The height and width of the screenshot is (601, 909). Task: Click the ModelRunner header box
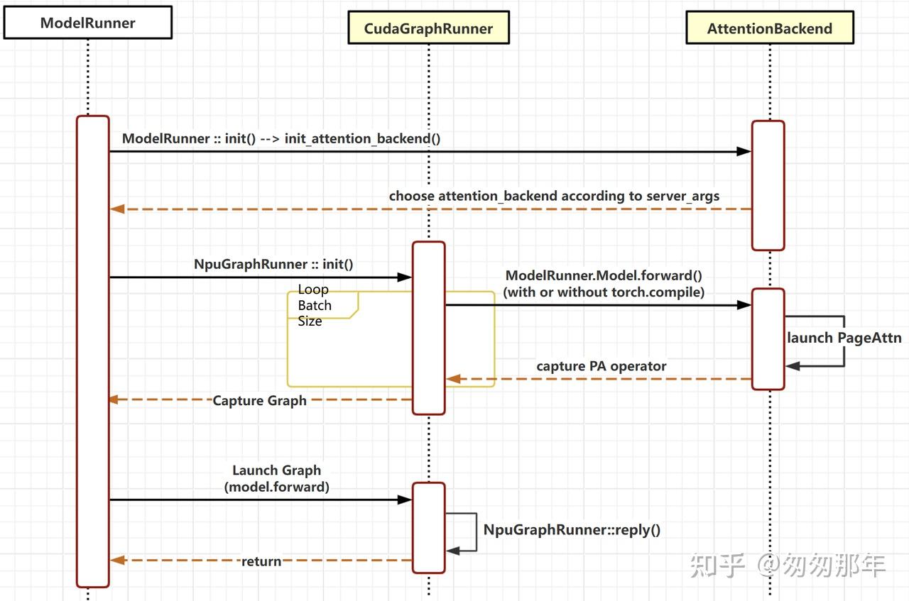pos(88,23)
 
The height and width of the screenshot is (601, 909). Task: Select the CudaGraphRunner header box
pos(428,28)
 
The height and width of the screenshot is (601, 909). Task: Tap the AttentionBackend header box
pos(770,28)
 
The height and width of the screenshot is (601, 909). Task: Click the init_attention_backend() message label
pos(281,138)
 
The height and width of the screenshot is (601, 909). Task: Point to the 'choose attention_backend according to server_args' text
pos(554,197)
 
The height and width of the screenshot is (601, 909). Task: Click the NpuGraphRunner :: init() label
pos(273,265)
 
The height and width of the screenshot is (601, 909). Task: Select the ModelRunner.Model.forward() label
pos(604,284)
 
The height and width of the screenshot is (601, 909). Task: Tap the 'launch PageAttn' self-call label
pos(844,338)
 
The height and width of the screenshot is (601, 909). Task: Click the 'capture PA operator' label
pos(602,366)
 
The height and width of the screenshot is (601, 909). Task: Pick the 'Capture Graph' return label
pos(259,401)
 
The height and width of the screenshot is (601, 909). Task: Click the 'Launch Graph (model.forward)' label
pos(277,478)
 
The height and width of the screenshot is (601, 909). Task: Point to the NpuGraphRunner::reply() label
pos(572,530)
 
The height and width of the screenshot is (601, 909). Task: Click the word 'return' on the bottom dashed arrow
pos(261,561)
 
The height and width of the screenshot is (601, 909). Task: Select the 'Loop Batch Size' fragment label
pos(315,305)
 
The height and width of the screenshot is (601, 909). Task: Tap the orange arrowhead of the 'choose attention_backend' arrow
pos(117,209)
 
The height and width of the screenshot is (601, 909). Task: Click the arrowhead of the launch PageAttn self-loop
pos(793,366)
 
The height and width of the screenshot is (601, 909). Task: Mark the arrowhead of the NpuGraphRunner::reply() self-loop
pos(453,551)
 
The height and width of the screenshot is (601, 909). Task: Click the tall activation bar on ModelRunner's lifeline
pos(93,352)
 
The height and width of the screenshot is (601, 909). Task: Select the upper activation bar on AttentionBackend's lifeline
pos(768,185)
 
